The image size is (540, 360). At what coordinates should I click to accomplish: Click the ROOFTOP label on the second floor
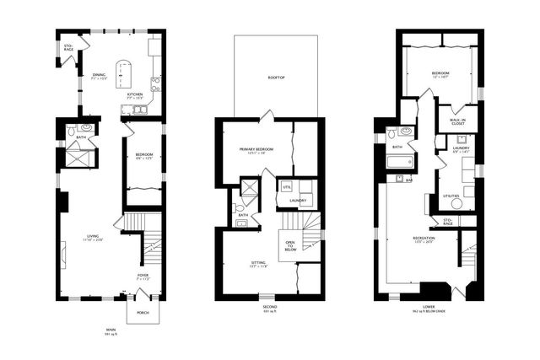pyautogui.click(x=275, y=77)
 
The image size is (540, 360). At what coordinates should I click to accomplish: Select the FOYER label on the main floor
pyautogui.click(x=143, y=277)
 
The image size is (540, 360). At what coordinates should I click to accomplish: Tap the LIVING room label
pyautogui.click(x=93, y=236)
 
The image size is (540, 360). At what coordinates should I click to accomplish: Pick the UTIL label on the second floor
pyautogui.click(x=287, y=186)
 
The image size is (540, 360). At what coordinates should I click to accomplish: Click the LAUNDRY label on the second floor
pyautogui.click(x=297, y=201)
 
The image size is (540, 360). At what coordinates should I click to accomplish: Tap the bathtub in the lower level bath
pyautogui.click(x=400, y=160)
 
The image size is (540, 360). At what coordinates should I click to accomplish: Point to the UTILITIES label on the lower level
pyautogui.click(x=451, y=196)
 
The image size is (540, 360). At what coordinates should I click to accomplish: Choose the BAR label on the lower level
pyautogui.click(x=408, y=180)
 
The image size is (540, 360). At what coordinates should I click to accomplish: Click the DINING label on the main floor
pyautogui.click(x=99, y=75)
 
